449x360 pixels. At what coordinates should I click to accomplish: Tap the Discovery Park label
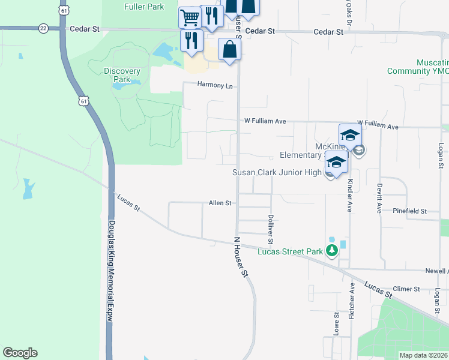[x=122, y=75]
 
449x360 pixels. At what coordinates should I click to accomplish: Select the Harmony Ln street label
[x=215, y=85]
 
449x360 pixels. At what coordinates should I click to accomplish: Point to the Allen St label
[x=220, y=203]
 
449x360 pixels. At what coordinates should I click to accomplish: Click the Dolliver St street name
[x=271, y=229]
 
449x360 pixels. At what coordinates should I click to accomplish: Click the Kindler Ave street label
[x=349, y=195]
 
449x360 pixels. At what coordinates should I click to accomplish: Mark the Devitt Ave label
[x=379, y=198]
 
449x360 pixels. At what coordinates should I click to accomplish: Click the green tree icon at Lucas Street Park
[x=332, y=251]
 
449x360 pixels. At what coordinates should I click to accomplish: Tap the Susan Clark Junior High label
[x=277, y=173]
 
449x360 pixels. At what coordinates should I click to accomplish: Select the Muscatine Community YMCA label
[x=418, y=67]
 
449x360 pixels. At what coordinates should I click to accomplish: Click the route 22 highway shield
[x=43, y=28]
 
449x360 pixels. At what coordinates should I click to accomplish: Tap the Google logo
[x=20, y=353]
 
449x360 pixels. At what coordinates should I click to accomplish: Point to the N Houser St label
[x=241, y=256]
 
